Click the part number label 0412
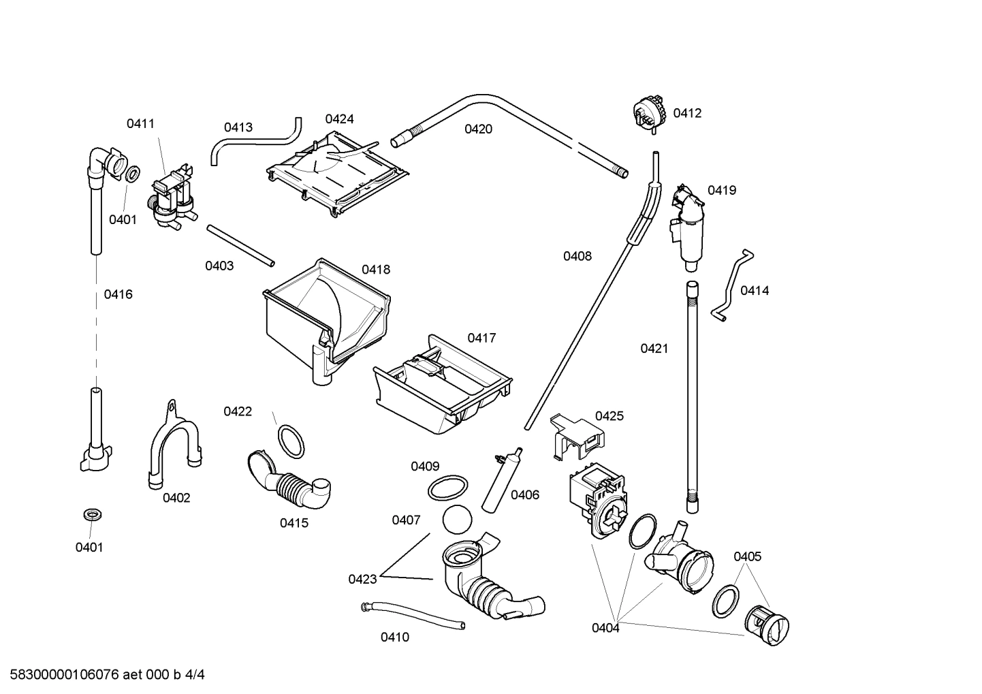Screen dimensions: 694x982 [686, 113]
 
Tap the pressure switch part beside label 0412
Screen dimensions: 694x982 [648, 111]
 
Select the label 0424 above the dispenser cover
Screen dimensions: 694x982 [339, 119]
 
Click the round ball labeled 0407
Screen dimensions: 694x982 [456, 520]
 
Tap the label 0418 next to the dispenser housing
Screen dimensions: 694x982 [376, 270]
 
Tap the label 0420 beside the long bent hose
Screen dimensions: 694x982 [478, 129]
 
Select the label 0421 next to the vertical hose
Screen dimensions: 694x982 [654, 349]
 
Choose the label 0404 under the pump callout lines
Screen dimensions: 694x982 [605, 628]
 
